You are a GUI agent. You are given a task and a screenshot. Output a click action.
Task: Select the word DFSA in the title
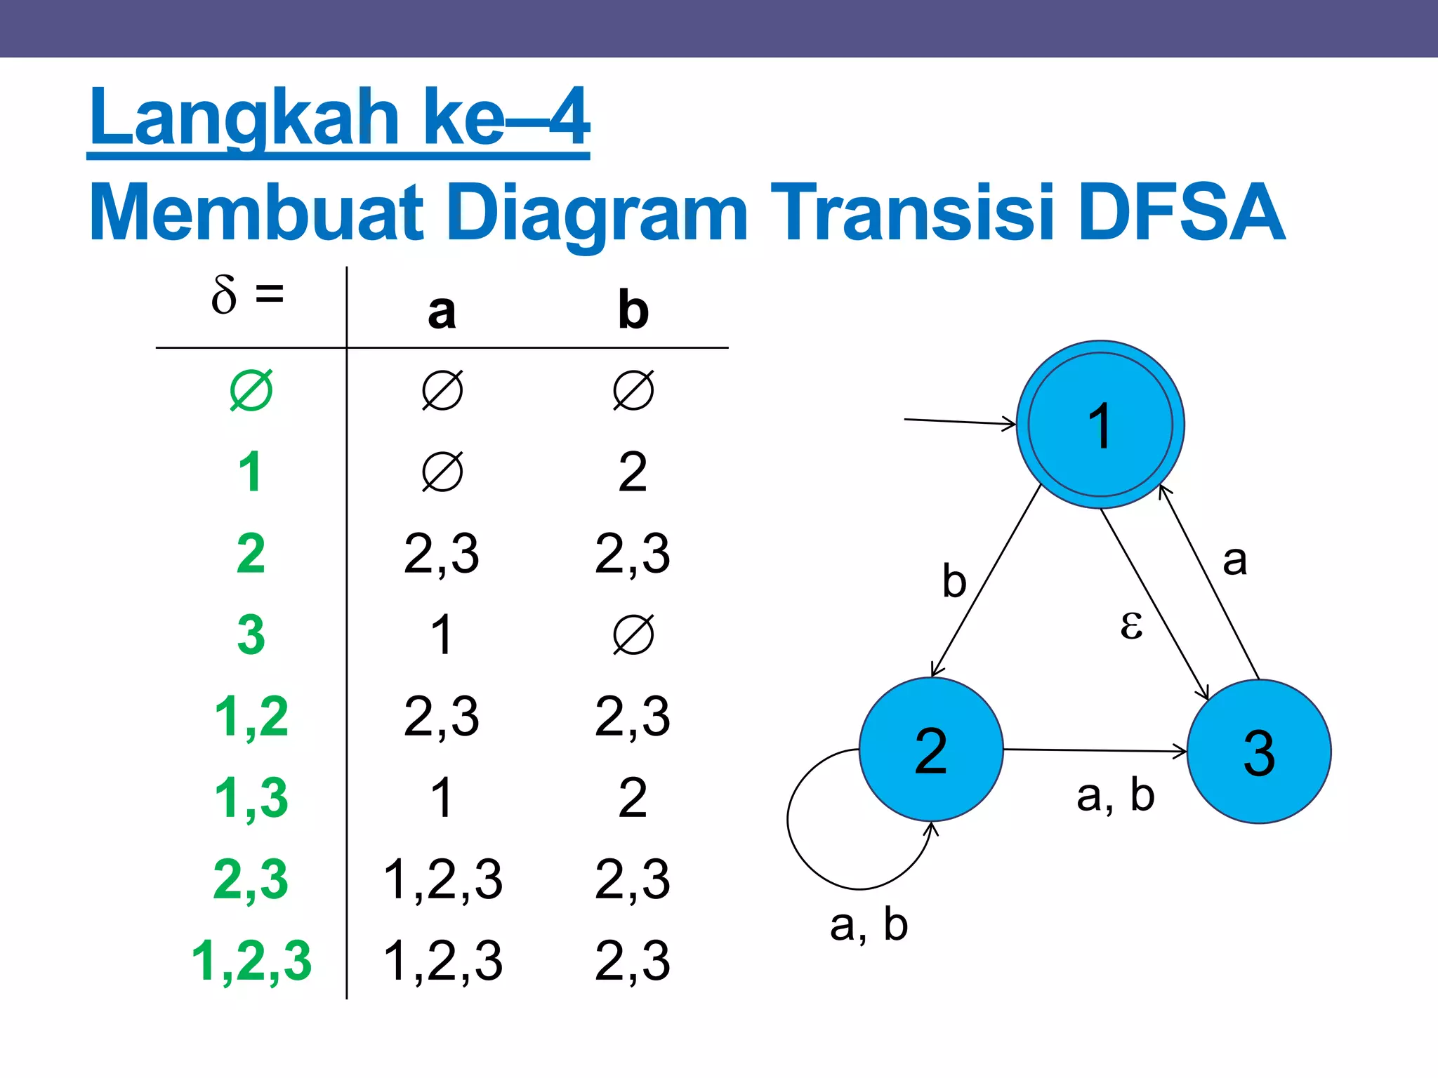(1181, 213)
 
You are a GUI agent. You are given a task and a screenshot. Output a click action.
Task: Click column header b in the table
(633, 311)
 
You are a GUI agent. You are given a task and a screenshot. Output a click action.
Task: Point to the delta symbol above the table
(224, 295)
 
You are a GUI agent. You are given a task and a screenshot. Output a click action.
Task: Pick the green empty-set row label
(251, 391)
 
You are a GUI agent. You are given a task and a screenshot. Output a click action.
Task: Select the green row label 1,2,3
(251, 960)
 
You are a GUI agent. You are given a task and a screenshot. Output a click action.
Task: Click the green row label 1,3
(251, 798)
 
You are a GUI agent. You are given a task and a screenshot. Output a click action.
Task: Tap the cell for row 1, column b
(633, 472)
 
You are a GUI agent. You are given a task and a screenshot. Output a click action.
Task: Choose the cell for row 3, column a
(442, 635)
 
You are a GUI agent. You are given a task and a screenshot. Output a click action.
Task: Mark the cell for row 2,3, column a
(442, 879)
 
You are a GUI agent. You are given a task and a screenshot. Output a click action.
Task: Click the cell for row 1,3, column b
(633, 798)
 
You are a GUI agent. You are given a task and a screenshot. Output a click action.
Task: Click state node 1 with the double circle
(1100, 425)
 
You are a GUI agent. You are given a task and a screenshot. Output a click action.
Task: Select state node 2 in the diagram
(931, 750)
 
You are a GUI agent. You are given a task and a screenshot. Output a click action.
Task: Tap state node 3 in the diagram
(1259, 752)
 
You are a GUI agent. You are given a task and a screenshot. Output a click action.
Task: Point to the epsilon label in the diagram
(1131, 624)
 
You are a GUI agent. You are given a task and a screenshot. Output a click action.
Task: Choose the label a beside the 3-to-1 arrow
(1234, 560)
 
